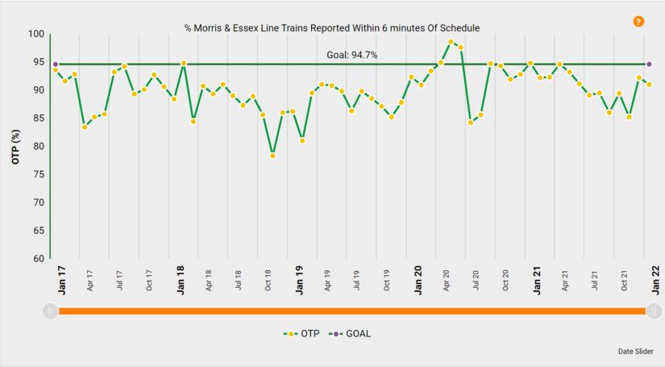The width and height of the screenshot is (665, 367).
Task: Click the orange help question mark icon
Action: pyautogui.click(x=638, y=22)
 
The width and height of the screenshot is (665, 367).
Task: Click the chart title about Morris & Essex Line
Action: pyautogui.click(x=332, y=28)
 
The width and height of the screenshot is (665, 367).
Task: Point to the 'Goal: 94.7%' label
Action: pyautogui.click(x=351, y=55)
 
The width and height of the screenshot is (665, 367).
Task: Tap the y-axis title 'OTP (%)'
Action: pyautogui.click(x=16, y=146)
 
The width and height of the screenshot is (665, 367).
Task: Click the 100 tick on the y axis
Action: pyautogui.click(x=35, y=34)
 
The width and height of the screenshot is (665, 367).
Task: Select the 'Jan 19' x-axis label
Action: pyautogui.click(x=298, y=277)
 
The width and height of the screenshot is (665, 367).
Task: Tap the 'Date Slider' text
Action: pyautogui.click(x=636, y=351)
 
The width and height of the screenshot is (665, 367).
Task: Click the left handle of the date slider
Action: pyautogui.click(x=50, y=311)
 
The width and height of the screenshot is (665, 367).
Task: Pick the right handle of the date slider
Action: pyautogui.click(x=655, y=311)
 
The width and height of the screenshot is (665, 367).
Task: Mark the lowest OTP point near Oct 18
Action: pyautogui.click(x=272, y=155)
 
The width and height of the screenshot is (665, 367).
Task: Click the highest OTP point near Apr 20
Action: pyautogui.click(x=451, y=42)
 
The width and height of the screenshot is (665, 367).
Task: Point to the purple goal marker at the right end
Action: pyautogui.click(x=649, y=64)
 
